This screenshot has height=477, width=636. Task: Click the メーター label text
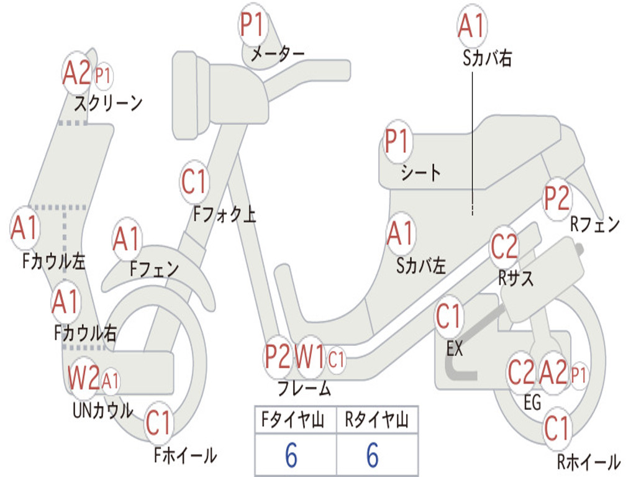(x=277, y=55)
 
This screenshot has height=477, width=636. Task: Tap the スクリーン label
(x=108, y=102)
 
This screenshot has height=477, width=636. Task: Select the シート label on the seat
(x=420, y=172)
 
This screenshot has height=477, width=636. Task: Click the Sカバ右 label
(x=488, y=58)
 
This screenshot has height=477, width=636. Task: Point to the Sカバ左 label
(x=421, y=266)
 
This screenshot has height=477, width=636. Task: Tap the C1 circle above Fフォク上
(x=194, y=182)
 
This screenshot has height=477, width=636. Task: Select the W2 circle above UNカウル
(x=84, y=378)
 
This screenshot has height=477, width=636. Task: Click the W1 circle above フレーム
(x=309, y=357)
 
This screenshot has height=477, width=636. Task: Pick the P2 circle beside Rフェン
(x=556, y=198)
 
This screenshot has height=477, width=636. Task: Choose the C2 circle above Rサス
(x=504, y=247)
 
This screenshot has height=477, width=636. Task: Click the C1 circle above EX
(x=449, y=317)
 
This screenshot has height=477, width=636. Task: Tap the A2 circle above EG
(x=553, y=373)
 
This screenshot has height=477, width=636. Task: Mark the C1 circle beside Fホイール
(x=158, y=424)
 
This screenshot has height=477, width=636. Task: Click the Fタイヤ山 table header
(x=294, y=422)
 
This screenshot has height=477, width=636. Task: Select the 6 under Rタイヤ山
(x=373, y=455)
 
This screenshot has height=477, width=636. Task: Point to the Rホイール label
(x=588, y=461)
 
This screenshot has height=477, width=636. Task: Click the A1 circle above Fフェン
(x=127, y=238)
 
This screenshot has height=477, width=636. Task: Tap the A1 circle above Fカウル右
(x=65, y=302)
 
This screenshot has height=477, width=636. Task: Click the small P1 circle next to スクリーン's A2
(x=103, y=76)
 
